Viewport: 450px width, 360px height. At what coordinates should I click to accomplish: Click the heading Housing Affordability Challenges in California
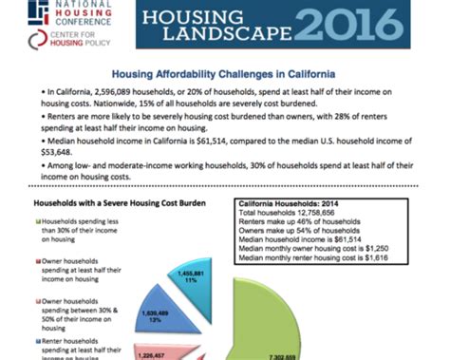(224, 72)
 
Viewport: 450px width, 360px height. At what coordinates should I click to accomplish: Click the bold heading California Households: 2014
(282, 203)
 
